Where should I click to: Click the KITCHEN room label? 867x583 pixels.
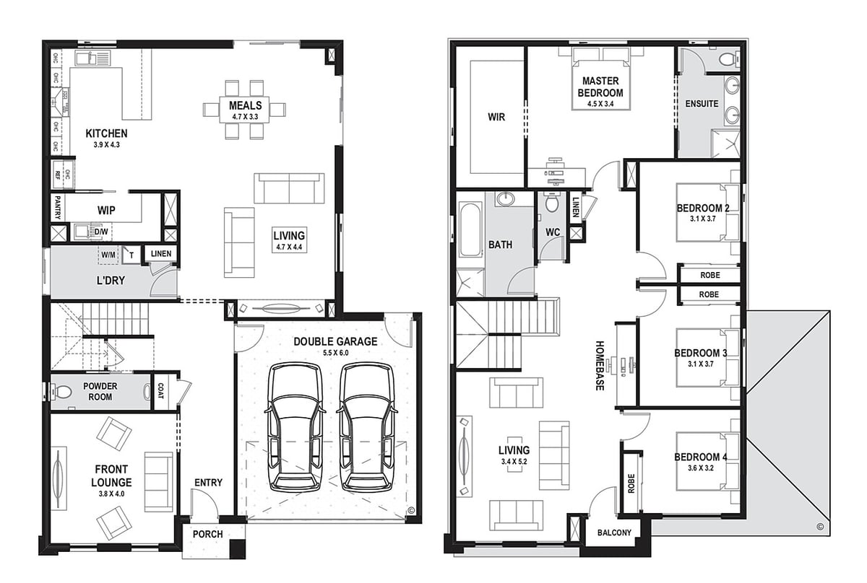click(106, 133)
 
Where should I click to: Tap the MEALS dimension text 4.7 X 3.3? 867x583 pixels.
click(245, 116)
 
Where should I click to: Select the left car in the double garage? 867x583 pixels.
click(296, 427)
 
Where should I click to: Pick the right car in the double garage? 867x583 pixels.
click(368, 427)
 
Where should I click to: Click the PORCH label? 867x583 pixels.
click(208, 534)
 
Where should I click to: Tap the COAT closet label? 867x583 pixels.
click(160, 391)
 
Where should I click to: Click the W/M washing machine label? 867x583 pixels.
click(108, 255)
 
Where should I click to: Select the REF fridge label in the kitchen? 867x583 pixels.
click(58, 175)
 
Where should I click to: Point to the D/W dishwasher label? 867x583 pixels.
click(101, 232)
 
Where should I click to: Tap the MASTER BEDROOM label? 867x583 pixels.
click(600, 87)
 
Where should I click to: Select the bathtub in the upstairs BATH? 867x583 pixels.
click(470, 230)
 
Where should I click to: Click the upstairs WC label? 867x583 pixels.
click(553, 232)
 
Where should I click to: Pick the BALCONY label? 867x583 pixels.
click(614, 532)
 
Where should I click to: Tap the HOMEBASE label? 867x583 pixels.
click(600, 365)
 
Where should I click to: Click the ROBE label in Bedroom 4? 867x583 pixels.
click(631, 483)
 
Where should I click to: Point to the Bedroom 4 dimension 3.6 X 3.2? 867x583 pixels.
click(701, 468)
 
